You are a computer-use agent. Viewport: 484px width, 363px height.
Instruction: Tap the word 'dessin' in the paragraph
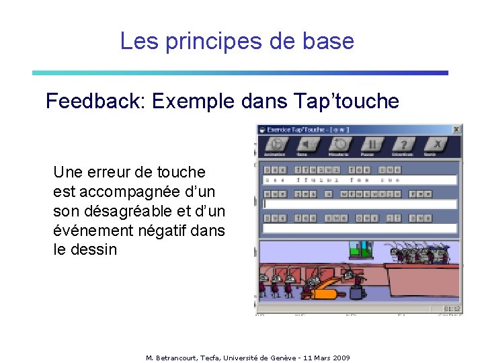coord(95,250)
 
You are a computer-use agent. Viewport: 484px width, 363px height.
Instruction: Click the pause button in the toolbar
coord(372,145)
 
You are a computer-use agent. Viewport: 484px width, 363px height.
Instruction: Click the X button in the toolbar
coord(437,145)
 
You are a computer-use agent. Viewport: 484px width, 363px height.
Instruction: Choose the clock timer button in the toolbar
coord(341,145)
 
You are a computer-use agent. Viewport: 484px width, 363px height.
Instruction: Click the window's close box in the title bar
coord(456,129)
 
